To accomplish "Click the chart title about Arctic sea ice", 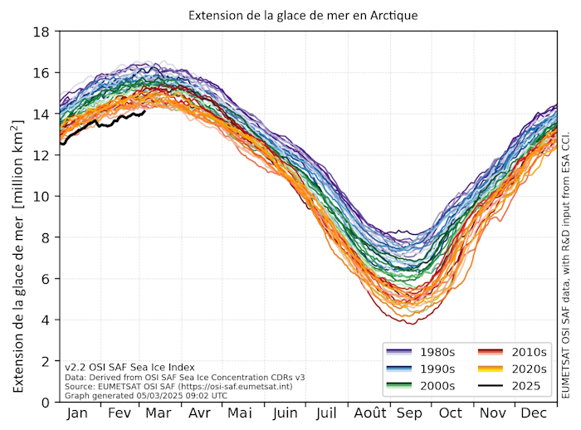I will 302,16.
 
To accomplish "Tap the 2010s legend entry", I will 520,352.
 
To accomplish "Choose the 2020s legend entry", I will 520,369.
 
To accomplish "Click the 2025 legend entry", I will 520,385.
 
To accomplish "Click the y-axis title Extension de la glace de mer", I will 19,217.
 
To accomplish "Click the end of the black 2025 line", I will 144,111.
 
